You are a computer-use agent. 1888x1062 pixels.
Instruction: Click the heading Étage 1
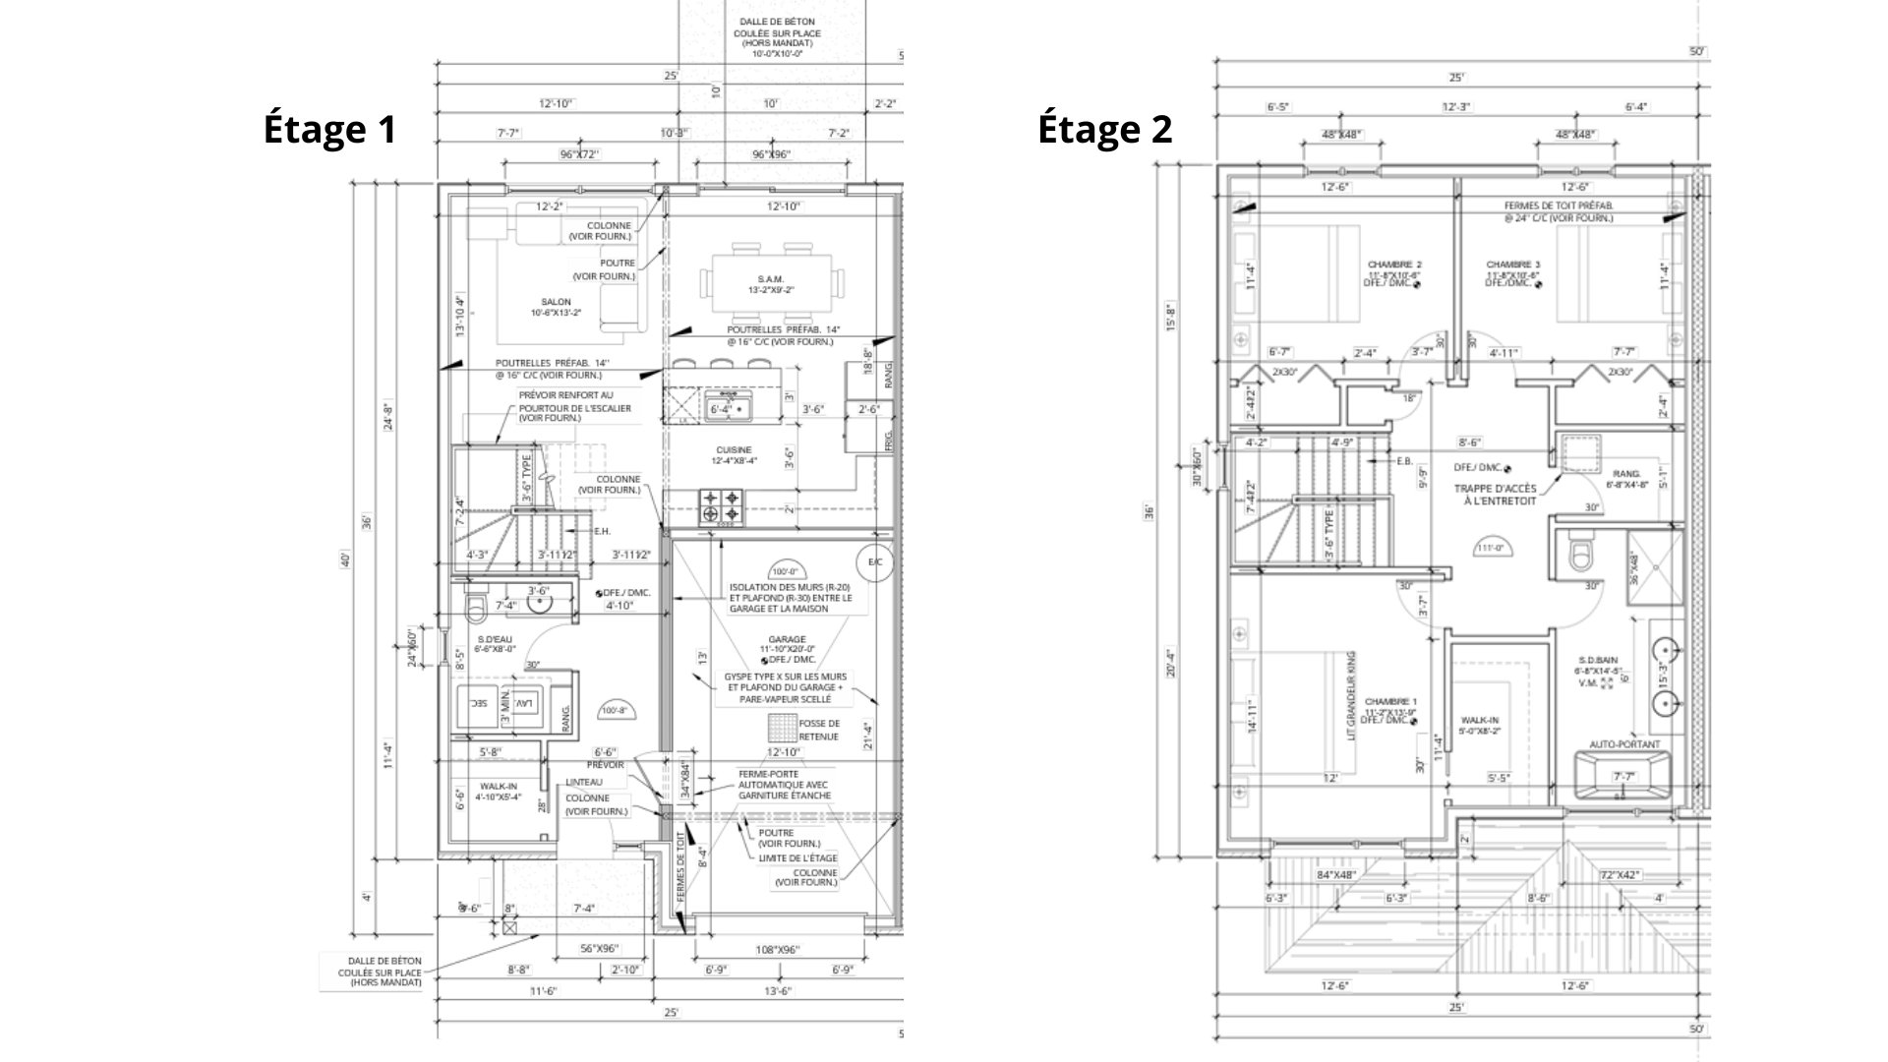(x=329, y=130)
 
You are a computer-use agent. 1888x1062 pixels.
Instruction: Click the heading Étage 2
(x=1105, y=130)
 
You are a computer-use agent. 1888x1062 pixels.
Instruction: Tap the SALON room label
(x=556, y=302)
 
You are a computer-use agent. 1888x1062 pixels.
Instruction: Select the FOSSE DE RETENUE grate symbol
(x=783, y=729)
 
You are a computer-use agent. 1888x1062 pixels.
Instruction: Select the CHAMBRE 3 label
(x=1513, y=265)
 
